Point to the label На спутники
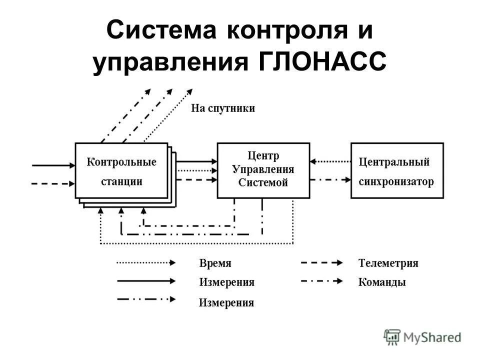223,108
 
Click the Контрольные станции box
121,171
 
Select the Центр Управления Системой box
263,170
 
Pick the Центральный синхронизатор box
397,170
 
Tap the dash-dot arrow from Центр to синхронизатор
330,180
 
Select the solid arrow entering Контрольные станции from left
52,164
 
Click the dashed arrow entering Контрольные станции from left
52,183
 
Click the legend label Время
215,263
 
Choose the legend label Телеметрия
388,263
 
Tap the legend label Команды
382,282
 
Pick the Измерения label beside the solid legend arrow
226,282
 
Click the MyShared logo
422,337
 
